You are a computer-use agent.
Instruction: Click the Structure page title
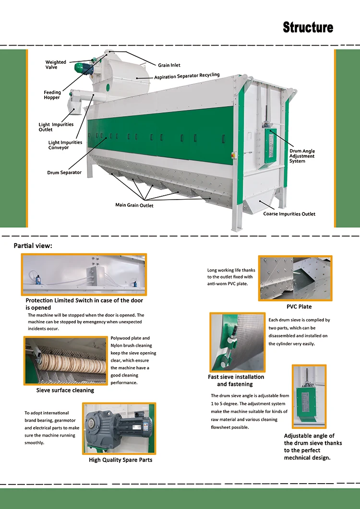pyautogui.click(x=308, y=27)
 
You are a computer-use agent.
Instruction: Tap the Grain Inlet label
pyautogui.click(x=169, y=65)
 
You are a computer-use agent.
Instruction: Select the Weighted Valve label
pyautogui.click(x=56, y=65)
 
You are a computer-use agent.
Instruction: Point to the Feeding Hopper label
pyautogui.click(x=52, y=95)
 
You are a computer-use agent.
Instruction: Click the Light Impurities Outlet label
pyautogui.click(x=56, y=127)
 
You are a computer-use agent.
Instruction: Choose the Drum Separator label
pyautogui.click(x=64, y=173)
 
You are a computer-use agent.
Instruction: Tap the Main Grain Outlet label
pyautogui.click(x=134, y=205)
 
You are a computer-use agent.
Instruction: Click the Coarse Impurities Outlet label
pyautogui.click(x=289, y=214)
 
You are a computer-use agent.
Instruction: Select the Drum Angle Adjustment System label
pyautogui.click(x=302, y=156)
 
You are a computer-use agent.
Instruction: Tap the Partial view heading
pyautogui.click(x=33, y=246)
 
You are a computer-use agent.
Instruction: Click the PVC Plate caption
pyautogui.click(x=299, y=307)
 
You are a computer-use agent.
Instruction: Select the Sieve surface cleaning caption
pyautogui.click(x=65, y=391)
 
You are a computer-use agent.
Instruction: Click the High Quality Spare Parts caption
pyautogui.click(x=120, y=460)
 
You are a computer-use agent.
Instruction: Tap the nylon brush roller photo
pyautogui.click(x=66, y=361)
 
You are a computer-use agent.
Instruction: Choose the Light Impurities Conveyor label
pyautogui.click(x=65, y=145)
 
